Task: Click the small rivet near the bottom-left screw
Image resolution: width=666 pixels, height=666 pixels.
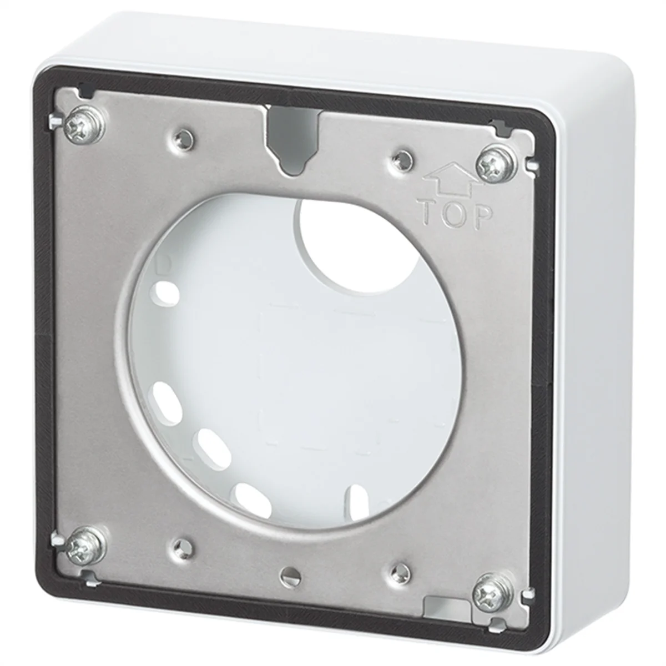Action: (180, 546)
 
